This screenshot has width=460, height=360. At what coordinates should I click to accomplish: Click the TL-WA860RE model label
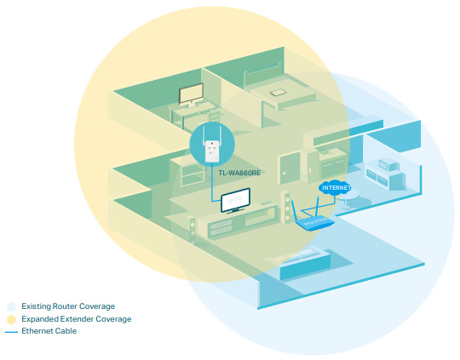click(239, 173)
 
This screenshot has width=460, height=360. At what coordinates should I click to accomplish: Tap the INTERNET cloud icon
click(335, 187)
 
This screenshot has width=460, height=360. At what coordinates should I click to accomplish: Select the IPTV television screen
click(235, 200)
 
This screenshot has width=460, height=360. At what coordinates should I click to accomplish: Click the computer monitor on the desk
click(191, 95)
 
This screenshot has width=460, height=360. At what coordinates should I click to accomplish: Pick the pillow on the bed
click(279, 93)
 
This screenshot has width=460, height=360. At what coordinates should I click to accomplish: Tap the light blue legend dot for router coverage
click(11, 306)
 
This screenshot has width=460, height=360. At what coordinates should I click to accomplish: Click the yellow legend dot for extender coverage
click(11, 319)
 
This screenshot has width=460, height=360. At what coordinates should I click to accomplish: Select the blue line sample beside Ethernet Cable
click(11, 332)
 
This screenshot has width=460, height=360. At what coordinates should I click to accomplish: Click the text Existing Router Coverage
click(68, 306)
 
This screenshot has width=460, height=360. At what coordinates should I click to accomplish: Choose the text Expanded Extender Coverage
click(77, 319)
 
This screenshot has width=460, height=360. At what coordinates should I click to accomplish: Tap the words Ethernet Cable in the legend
click(49, 331)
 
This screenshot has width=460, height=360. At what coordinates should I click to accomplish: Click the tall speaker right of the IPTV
click(285, 208)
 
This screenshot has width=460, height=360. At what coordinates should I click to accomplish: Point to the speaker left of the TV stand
click(192, 231)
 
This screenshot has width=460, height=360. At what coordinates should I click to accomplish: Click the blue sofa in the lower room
click(305, 265)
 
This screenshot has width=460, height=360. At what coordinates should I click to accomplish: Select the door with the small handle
click(290, 169)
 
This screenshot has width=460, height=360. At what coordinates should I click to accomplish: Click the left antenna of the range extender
click(204, 135)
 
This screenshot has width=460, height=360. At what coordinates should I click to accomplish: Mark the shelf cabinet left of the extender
click(187, 172)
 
